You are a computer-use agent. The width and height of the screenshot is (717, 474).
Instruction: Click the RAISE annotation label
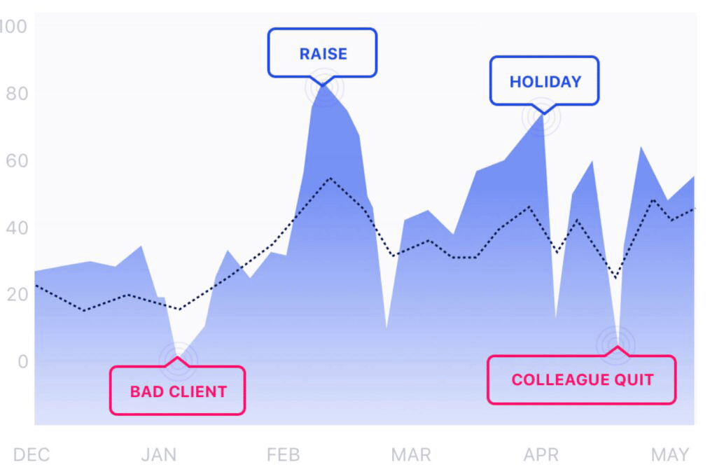pos(322,53)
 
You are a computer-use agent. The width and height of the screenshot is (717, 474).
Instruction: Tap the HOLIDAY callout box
pos(544,81)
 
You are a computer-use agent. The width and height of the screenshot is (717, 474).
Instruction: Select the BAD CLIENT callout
pos(177,391)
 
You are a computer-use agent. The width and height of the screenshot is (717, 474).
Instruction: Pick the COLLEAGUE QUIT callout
pos(582,379)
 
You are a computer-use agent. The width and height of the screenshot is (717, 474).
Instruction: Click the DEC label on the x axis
pos(32,455)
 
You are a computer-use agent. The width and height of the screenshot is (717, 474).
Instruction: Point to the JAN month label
pos(159,455)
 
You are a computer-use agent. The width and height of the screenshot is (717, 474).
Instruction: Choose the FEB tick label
pos(284,455)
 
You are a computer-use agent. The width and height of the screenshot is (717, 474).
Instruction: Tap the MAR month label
pos(411,455)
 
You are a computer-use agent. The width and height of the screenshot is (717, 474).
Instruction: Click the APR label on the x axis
pos(541,455)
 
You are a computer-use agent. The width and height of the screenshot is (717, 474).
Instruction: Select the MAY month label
pos(670,455)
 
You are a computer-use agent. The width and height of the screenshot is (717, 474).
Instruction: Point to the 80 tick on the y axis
pos(17,94)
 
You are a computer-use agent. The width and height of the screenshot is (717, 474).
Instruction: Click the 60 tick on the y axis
pos(17,161)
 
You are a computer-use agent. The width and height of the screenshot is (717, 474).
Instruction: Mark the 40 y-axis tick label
pos(17,228)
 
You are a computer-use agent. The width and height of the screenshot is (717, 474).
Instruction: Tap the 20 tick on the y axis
pos(18,295)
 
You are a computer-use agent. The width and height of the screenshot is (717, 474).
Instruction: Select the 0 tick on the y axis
pos(23,361)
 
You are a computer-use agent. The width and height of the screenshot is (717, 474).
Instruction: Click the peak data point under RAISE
pos(323,86)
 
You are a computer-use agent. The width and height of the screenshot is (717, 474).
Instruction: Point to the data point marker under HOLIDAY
pos(541,117)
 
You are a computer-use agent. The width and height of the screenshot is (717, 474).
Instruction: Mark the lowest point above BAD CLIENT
pos(178,361)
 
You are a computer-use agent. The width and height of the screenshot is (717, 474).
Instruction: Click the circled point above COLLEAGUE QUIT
pos(616,344)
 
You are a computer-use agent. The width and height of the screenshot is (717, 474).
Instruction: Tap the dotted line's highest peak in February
pos(330,178)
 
